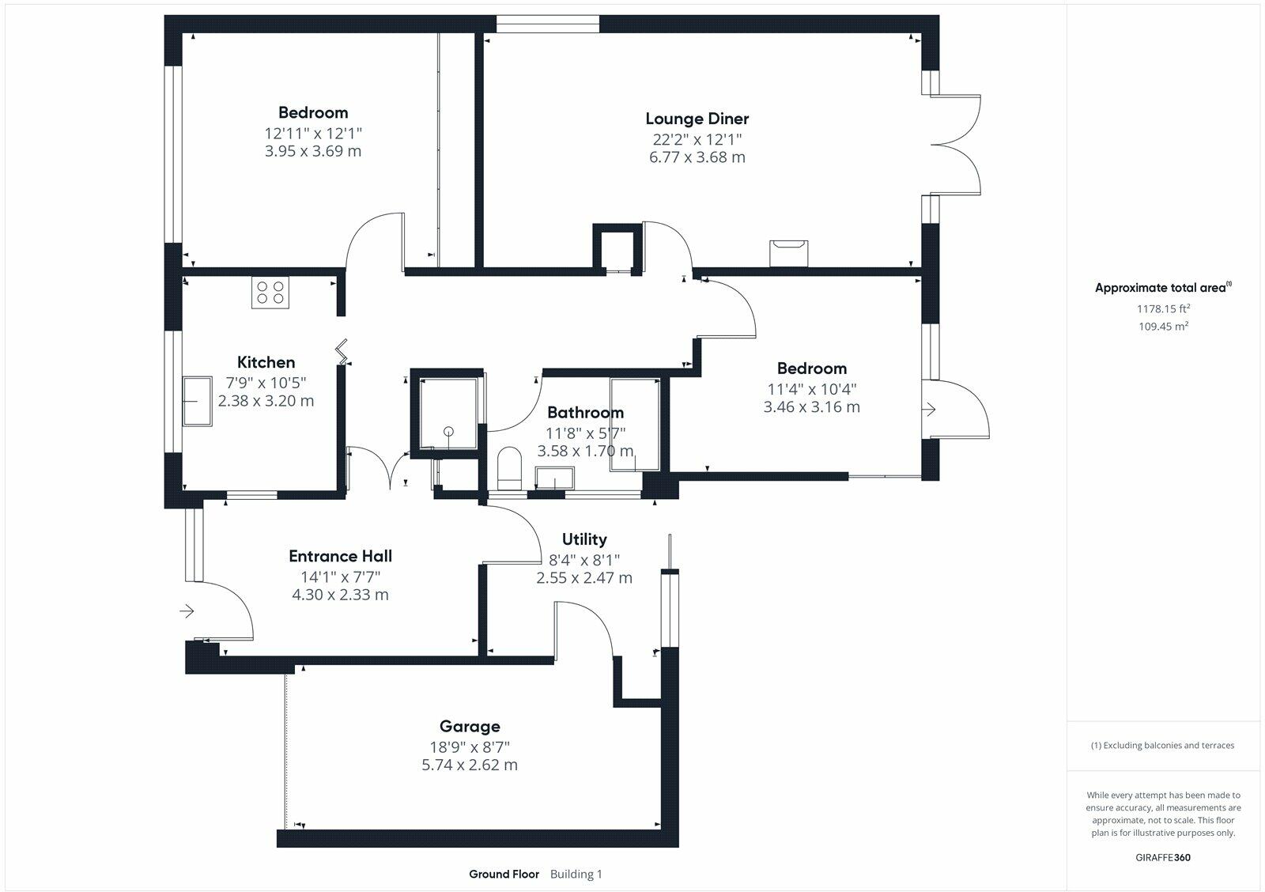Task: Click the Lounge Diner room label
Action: click(697, 119)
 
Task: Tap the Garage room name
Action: click(470, 727)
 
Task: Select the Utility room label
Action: click(584, 539)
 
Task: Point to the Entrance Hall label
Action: click(340, 557)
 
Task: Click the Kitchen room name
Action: click(266, 362)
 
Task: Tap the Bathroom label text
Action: click(586, 412)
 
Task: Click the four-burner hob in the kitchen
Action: click(270, 292)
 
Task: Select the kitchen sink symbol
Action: click(197, 402)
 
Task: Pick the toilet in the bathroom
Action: click(509, 468)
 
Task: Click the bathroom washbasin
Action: click(554, 478)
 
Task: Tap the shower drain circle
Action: click(448, 432)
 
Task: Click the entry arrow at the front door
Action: click(187, 610)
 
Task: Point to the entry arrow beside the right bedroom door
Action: click(930, 409)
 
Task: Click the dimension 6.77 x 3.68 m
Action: click(697, 157)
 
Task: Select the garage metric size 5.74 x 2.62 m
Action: click(470, 765)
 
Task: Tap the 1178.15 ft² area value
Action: click(1163, 308)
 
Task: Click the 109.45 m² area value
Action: click(1163, 326)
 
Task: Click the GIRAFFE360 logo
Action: click(1163, 857)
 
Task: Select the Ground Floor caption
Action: click(504, 875)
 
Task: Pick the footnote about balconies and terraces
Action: click(1162, 746)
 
